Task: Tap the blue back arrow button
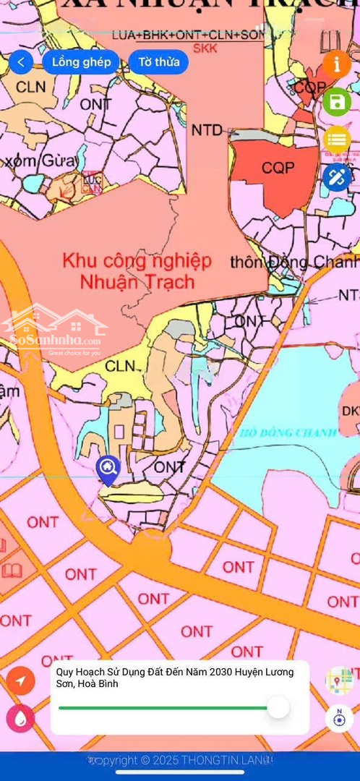tap(21, 62)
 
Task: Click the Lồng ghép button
tap(81, 62)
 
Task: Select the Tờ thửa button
tap(158, 62)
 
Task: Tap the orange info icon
tap(337, 64)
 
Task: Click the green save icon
tap(337, 102)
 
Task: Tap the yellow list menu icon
tap(337, 139)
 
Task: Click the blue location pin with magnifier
tap(108, 469)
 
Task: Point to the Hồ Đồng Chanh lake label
tap(288, 433)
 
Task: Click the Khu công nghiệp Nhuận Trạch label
tap(137, 270)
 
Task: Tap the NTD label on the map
tap(207, 130)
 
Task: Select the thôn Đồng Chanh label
tap(293, 262)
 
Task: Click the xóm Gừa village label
tap(30, 160)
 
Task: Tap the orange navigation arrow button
tap(21, 680)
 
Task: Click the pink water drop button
tap(20, 718)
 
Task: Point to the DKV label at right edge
tap(351, 411)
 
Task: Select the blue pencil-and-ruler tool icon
tap(337, 176)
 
